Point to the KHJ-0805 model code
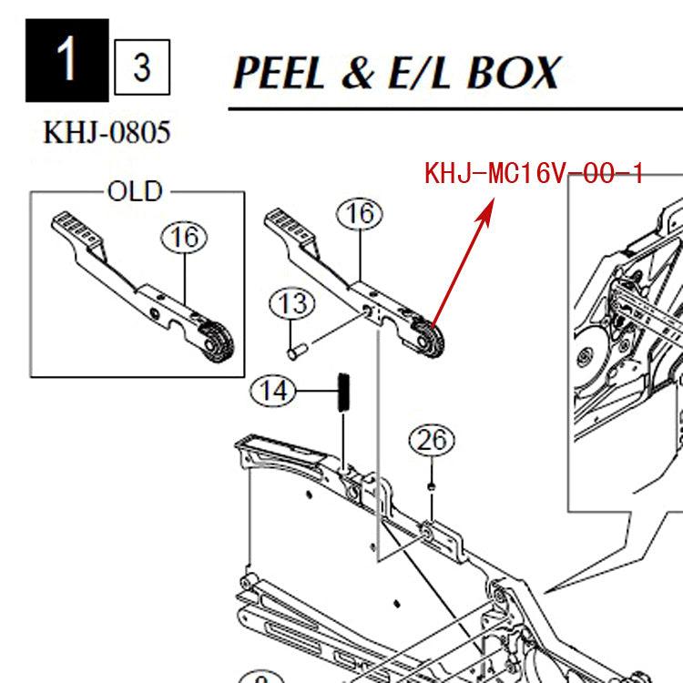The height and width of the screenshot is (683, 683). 107,134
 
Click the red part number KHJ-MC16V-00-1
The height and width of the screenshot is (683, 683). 534,174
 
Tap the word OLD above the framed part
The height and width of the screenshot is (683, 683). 135,191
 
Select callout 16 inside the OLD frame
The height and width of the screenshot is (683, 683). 185,238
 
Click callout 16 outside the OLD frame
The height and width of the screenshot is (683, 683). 360,214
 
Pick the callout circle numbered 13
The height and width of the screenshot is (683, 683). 291,303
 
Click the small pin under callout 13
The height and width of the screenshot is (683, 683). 295,349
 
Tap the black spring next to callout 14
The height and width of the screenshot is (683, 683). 344,392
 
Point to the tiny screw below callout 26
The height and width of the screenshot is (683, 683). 430,490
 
